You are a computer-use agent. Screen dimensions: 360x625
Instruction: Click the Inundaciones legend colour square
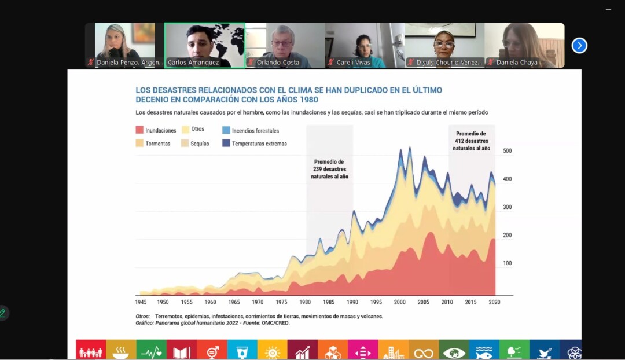pyautogui.click(x=139, y=130)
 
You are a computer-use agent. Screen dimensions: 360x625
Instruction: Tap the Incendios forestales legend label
pyautogui.click(x=255, y=131)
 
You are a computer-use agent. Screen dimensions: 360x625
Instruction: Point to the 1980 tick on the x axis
pyautogui.click(x=305, y=302)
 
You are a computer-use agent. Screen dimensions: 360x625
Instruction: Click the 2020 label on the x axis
pyautogui.click(x=494, y=302)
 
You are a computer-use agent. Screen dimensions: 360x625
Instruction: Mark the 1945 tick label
pyautogui.click(x=141, y=302)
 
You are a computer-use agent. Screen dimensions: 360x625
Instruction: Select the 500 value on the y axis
pyautogui.click(x=508, y=151)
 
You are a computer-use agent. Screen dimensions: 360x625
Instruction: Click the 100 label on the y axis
pyautogui.click(x=508, y=263)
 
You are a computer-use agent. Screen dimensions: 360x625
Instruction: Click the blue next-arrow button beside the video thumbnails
pyautogui.click(x=579, y=46)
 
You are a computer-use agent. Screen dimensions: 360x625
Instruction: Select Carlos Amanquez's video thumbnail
pyautogui.click(x=205, y=46)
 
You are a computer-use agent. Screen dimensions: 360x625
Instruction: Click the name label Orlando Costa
pyautogui.click(x=278, y=63)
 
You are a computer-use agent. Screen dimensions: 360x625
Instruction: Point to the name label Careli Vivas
pyautogui.click(x=353, y=63)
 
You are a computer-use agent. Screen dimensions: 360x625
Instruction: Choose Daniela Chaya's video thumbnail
pyautogui.click(x=524, y=46)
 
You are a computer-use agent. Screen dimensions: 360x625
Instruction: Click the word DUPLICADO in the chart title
pyautogui.click(x=333, y=90)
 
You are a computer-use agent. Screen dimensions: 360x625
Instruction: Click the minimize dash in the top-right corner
pyautogui.click(x=608, y=9)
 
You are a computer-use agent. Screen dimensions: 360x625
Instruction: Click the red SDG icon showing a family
pyautogui.click(x=91, y=351)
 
